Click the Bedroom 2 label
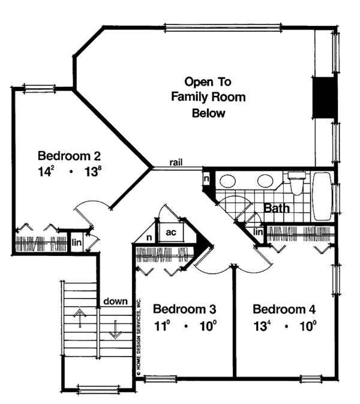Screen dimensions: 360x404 tap(69, 156)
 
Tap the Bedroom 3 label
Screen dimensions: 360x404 tap(184, 309)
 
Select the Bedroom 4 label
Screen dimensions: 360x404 tap(284, 309)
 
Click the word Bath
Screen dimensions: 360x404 tap(277, 208)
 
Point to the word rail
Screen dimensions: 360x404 tap(176, 162)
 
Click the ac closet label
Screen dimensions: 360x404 tap(171, 233)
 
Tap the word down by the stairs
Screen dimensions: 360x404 tap(116, 301)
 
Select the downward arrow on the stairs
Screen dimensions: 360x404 tap(115, 329)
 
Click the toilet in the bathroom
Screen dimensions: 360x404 tap(297, 183)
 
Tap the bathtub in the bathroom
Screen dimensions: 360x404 tap(322, 197)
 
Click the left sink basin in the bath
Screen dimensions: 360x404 tap(228, 180)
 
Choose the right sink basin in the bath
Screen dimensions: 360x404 tap(265, 180)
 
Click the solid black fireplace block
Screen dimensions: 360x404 tap(325, 98)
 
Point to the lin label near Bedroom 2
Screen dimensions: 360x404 tap(77, 242)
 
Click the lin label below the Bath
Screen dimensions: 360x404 tap(258, 232)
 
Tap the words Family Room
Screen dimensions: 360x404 tap(208, 97)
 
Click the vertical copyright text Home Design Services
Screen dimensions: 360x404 tap(139, 337)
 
